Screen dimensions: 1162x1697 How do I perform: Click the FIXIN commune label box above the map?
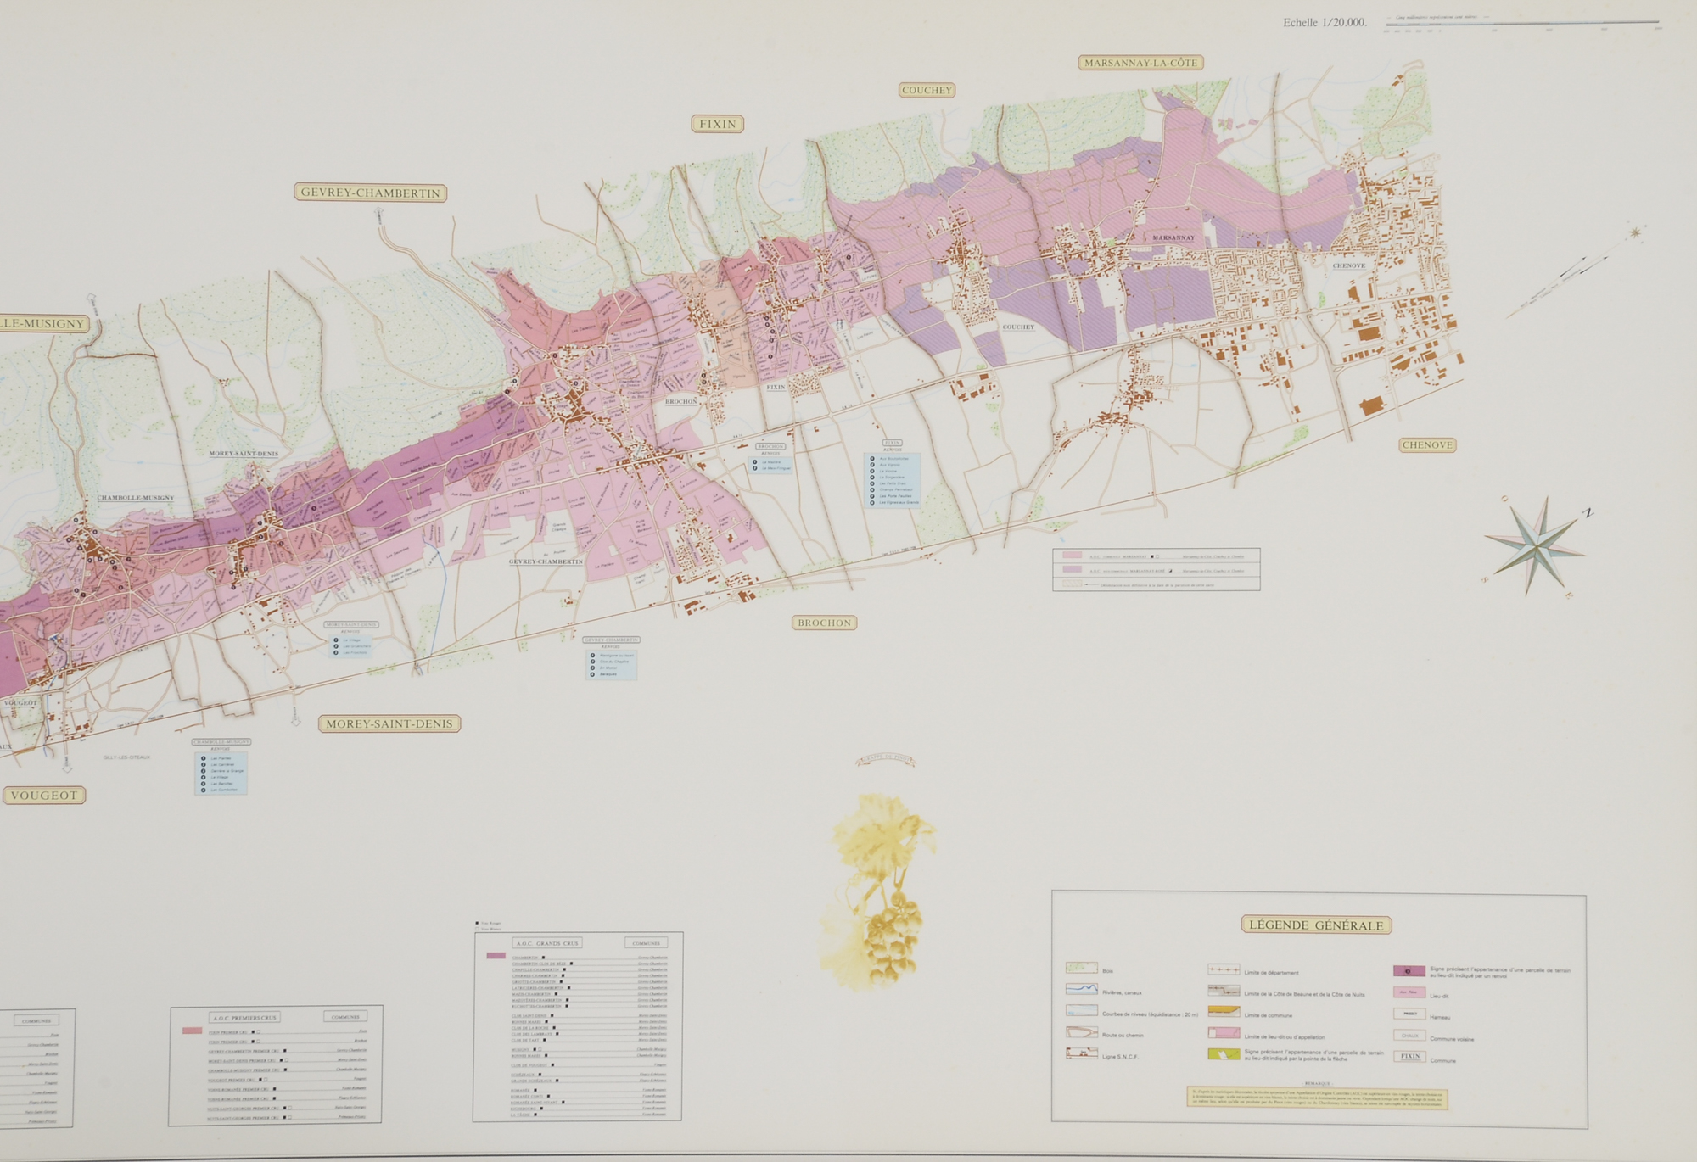(x=718, y=124)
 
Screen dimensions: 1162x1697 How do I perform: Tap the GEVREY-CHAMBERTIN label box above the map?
(x=370, y=193)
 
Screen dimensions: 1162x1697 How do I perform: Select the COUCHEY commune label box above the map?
(x=927, y=90)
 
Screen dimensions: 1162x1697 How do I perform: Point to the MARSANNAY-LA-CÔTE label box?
(x=1140, y=63)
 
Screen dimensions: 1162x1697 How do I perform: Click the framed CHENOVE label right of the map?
(x=1427, y=444)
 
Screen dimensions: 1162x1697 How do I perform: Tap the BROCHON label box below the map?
(x=825, y=623)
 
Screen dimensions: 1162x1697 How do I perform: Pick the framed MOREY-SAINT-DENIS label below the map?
(x=389, y=723)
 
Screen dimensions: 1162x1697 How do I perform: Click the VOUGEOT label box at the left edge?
(x=44, y=795)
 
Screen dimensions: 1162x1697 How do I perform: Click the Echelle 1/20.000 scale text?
(x=1325, y=23)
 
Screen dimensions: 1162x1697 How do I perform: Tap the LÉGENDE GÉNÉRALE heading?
(x=1316, y=925)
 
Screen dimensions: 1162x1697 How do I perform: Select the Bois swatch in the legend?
(x=1082, y=968)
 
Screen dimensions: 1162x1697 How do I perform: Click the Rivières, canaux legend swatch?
(x=1082, y=989)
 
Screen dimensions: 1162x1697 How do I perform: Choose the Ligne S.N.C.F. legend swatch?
(x=1082, y=1053)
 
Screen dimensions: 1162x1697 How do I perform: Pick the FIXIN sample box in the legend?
(x=1410, y=1057)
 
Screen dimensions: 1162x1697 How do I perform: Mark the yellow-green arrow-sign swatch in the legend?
(x=1223, y=1053)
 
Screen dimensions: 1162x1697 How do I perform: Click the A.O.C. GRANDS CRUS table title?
(x=547, y=942)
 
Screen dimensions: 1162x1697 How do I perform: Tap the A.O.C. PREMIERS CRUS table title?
(x=244, y=1017)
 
